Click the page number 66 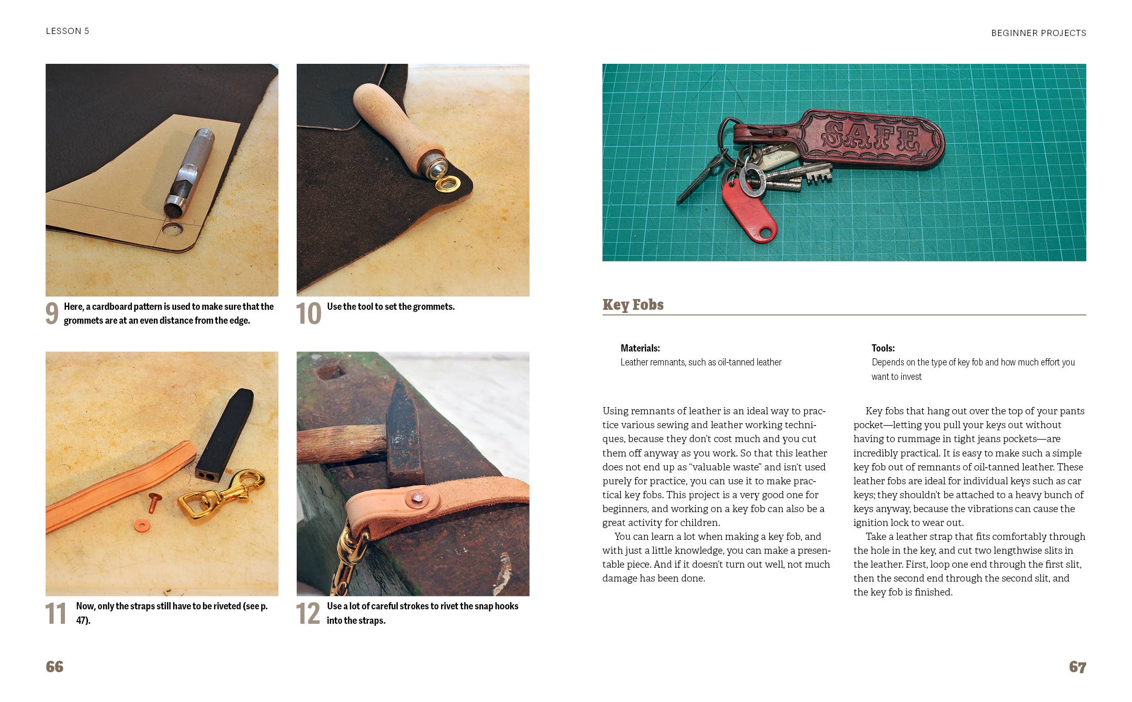pos(55,666)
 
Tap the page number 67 pos(1077,667)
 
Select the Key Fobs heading pos(633,305)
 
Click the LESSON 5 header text pos(67,31)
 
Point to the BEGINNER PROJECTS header pos(1038,33)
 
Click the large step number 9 pos(52,313)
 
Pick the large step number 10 pos(309,313)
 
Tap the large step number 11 pos(56,613)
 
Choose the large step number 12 pos(308,613)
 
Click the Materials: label pos(640,348)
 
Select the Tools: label pos(883,348)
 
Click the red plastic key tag pos(749,211)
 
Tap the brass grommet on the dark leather pos(447,183)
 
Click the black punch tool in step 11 pos(225,435)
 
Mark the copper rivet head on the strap pos(416,497)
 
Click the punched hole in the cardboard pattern pos(172,229)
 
